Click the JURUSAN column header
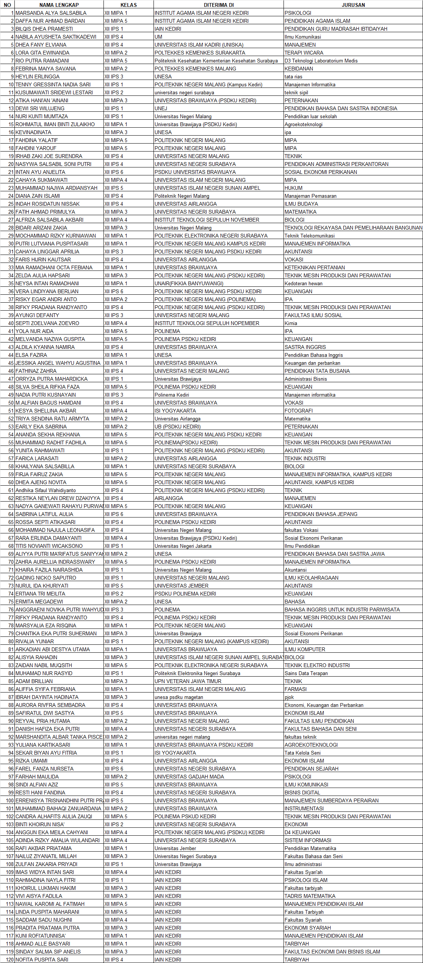[x=353, y=5]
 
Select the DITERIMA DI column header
[x=218, y=5]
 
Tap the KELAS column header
[x=128, y=5]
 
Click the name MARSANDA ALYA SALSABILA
[x=51, y=13]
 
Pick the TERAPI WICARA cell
[x=304, y=53]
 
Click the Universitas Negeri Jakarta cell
[x=183, y=546]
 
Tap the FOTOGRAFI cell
[x=299, y=411]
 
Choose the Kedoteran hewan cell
[x=304, y=283]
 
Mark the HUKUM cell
[x=294, y=188]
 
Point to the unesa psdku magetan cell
[x=179, y=697]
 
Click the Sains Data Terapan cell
[x=306, y=673]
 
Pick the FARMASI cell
[x=296, y=689]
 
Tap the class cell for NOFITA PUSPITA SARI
[x=114, y=960]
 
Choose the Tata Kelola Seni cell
[x=303, y=753]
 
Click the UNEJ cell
[x=161, y=108]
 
